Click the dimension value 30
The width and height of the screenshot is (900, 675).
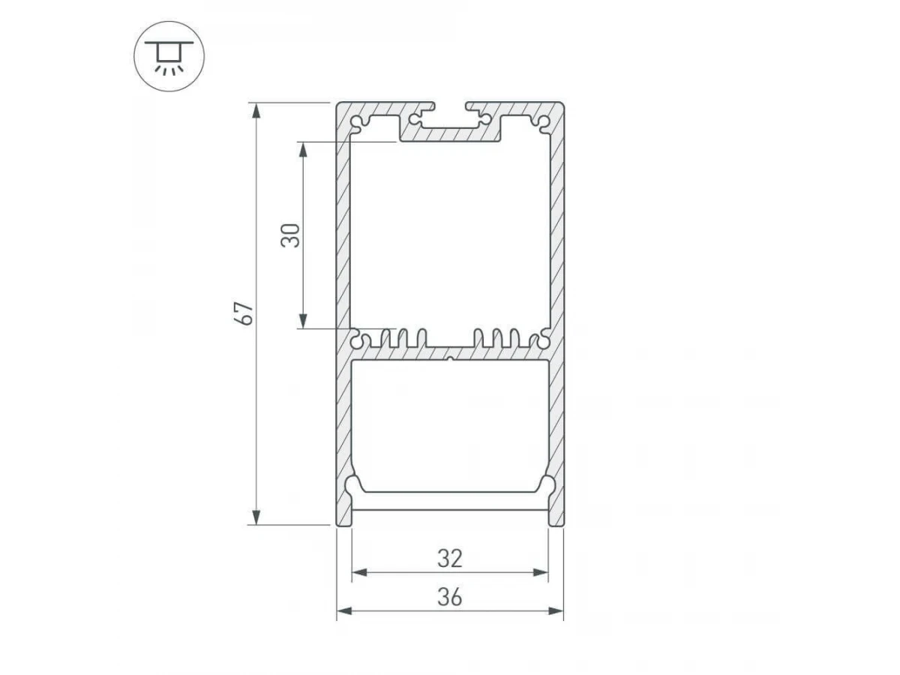(x=290, y=235)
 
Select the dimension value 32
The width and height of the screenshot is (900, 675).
(x=450, y=559)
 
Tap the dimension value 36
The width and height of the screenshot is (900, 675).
(x=450, y=597)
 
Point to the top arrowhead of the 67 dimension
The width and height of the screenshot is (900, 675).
(x=256, y=111)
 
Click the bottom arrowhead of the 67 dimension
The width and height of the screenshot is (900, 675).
(x=256, y=517)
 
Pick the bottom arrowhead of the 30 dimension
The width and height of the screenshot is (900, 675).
(x=302, y=320)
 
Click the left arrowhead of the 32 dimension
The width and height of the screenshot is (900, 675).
(x=359, y=572)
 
